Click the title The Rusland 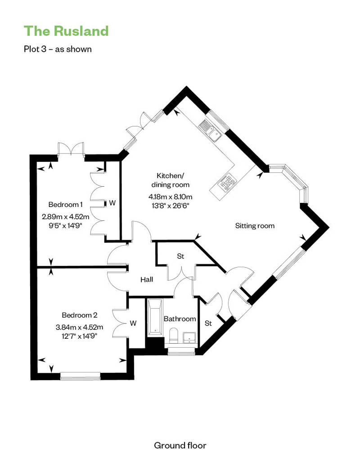[x=66, y=31]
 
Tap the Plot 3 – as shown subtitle [x=58, y=49]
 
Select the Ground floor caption [x=180, y=445]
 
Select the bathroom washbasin [x=189, y=338]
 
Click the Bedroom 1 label [x=65, y=205]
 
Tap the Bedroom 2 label [x=80, y=315]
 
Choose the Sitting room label [x=255, y=226]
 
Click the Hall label [x=147, y=279]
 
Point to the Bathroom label [x=180, y=319]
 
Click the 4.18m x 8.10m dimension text [x=171, y=197]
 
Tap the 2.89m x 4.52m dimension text [x=65, y=217]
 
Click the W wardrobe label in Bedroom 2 [x=133, y=323]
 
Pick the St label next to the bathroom [x=208, y=323]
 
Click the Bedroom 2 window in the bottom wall [x=80, y=376]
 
